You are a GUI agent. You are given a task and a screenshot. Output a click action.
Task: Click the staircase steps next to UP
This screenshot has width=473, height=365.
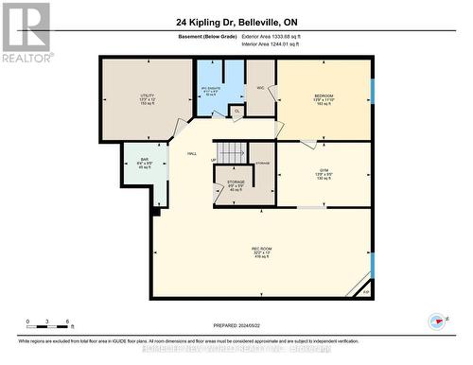click(x=232, y=151)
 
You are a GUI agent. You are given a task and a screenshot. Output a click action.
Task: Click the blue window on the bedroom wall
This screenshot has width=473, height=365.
click(x=372, y=95)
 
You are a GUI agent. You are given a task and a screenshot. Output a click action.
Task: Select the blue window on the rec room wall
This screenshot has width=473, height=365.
click(x=372, y=265)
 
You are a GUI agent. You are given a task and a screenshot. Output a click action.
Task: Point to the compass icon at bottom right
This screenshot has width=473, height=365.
click(x=436, y=321)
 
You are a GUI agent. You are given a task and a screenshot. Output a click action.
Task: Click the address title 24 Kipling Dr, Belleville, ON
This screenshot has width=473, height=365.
click(x=236, y=23)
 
